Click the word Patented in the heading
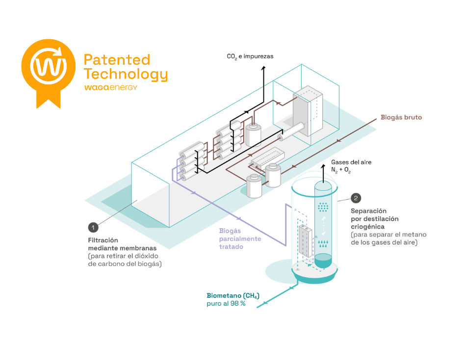pos(117,60)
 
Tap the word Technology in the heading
pos(126,75)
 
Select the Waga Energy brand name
pos(110,87)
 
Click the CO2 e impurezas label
pos(250,56)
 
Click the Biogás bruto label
pos(401,118)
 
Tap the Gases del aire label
pos(351,162)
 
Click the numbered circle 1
pos(93,227)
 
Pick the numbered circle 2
pos(357,198)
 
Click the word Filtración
pos(103,240)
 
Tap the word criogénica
pos(367,227)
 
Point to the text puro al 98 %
pos(226,304)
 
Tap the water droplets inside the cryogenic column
pos(323,243)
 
